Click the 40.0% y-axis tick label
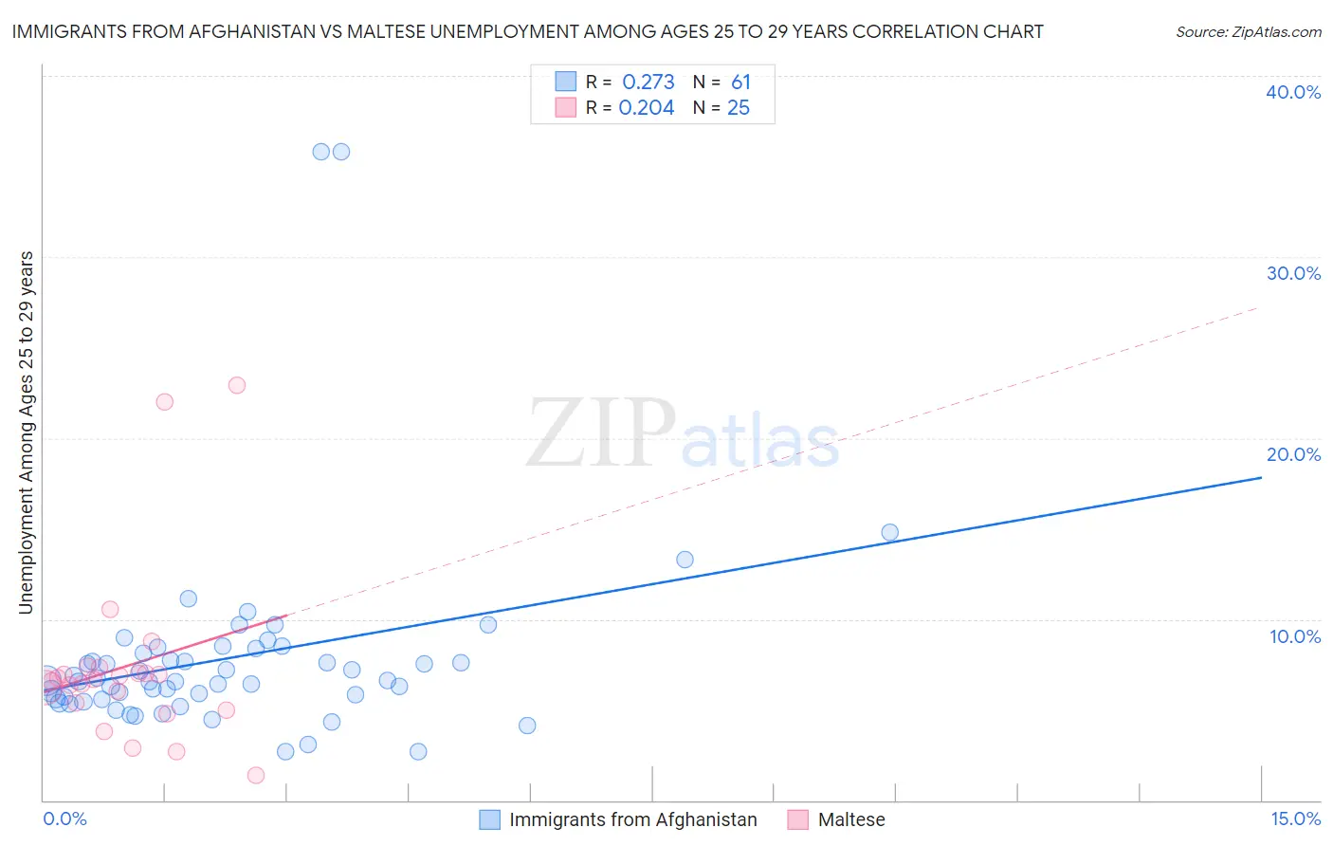pos(1293,92)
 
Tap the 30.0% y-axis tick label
pos(1293,273)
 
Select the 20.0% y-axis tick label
pos(1293,454)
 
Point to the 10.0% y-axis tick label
pos(1295,636)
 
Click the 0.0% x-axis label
pos(64,818)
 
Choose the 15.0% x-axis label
pos(1295,818)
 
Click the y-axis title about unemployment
pos(27,432)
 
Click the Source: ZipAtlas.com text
pos(1248,32)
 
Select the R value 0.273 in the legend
pos(648,83)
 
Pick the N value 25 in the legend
pos(738,108)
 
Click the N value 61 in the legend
pos(740,83)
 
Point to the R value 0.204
pos(646,108)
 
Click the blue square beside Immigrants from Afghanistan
pos(489,819)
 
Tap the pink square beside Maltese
pos(798,819)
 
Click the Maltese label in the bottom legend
pos(850,819)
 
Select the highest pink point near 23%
pos(237,385)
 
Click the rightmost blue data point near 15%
pos(889,532)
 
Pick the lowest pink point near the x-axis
pos(255,775)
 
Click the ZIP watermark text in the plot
pos(601,433)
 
